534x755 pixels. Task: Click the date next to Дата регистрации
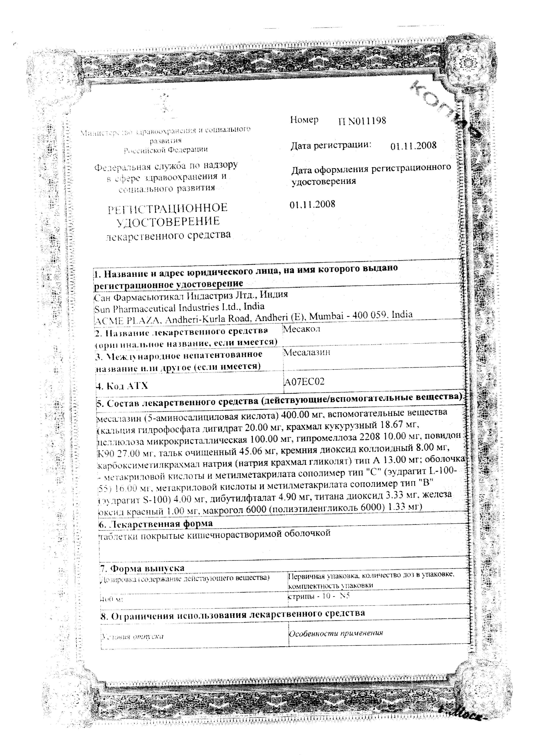click(413, 146)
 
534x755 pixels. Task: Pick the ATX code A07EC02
click(304, 381)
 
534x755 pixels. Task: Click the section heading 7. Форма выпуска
click(142, 568)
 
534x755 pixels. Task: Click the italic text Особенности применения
click(336, 633)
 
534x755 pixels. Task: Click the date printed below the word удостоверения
click(312, 204)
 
